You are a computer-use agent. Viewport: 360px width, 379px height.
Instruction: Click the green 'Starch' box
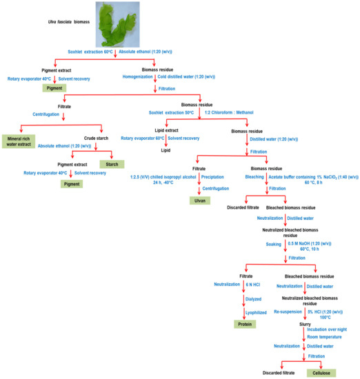[110, 164]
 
